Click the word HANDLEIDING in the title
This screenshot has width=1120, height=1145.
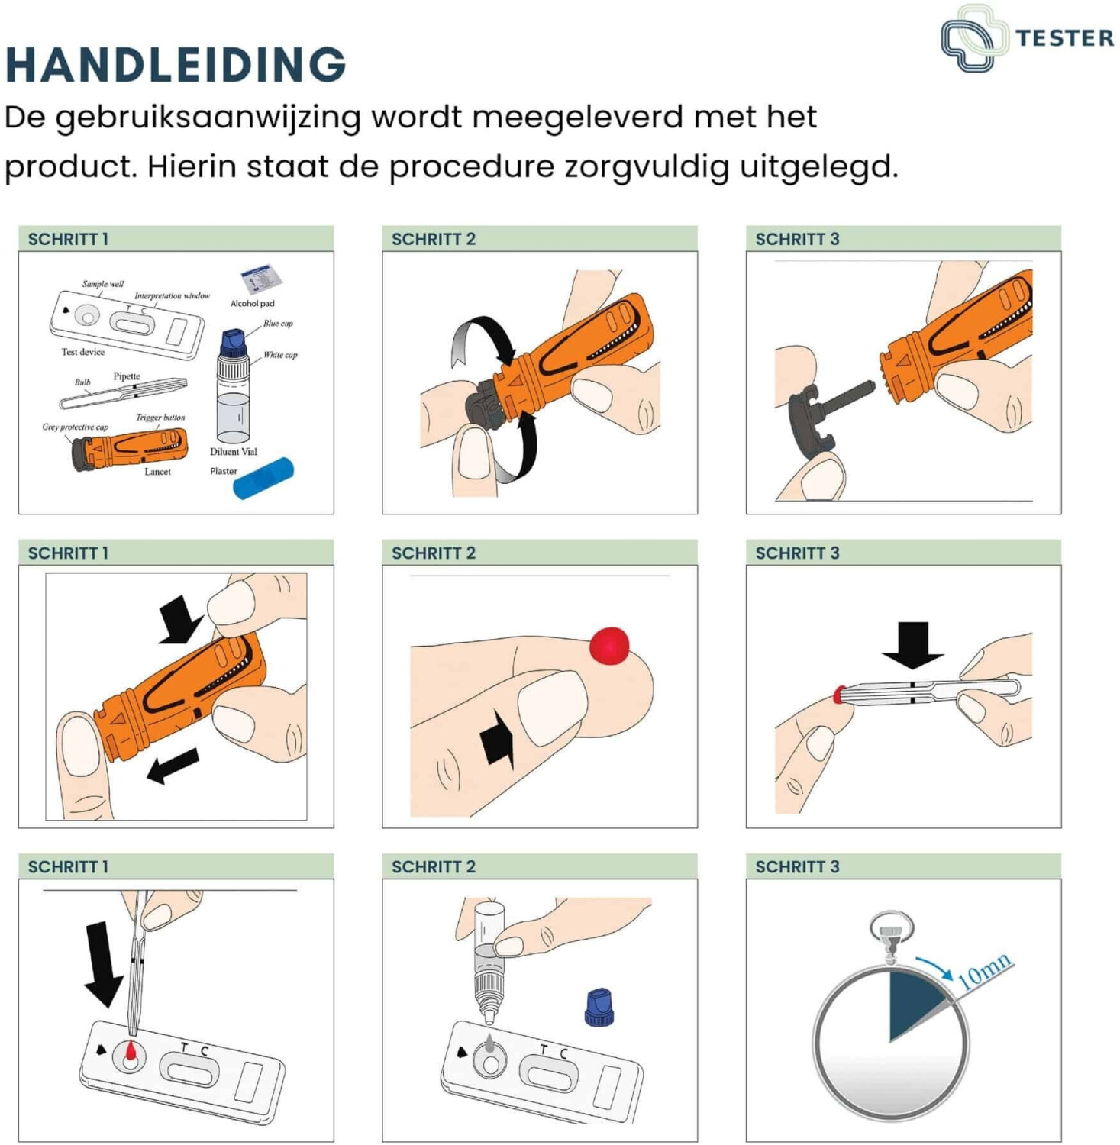[176, 64]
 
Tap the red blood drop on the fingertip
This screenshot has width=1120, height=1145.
[609, 646]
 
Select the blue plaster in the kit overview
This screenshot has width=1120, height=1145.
[263, 479]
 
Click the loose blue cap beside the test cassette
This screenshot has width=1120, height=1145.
[599, 1007]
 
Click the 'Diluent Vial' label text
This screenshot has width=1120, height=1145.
[234, 452]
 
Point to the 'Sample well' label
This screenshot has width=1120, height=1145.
[103, 284]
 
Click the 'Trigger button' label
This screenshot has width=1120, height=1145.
[160, 418]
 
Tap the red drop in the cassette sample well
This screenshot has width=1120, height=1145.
[131, 1053]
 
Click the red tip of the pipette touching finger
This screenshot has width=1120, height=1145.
[838, 695]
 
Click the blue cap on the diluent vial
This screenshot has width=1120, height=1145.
[232, 343]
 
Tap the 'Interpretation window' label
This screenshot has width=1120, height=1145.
[172, 296]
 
